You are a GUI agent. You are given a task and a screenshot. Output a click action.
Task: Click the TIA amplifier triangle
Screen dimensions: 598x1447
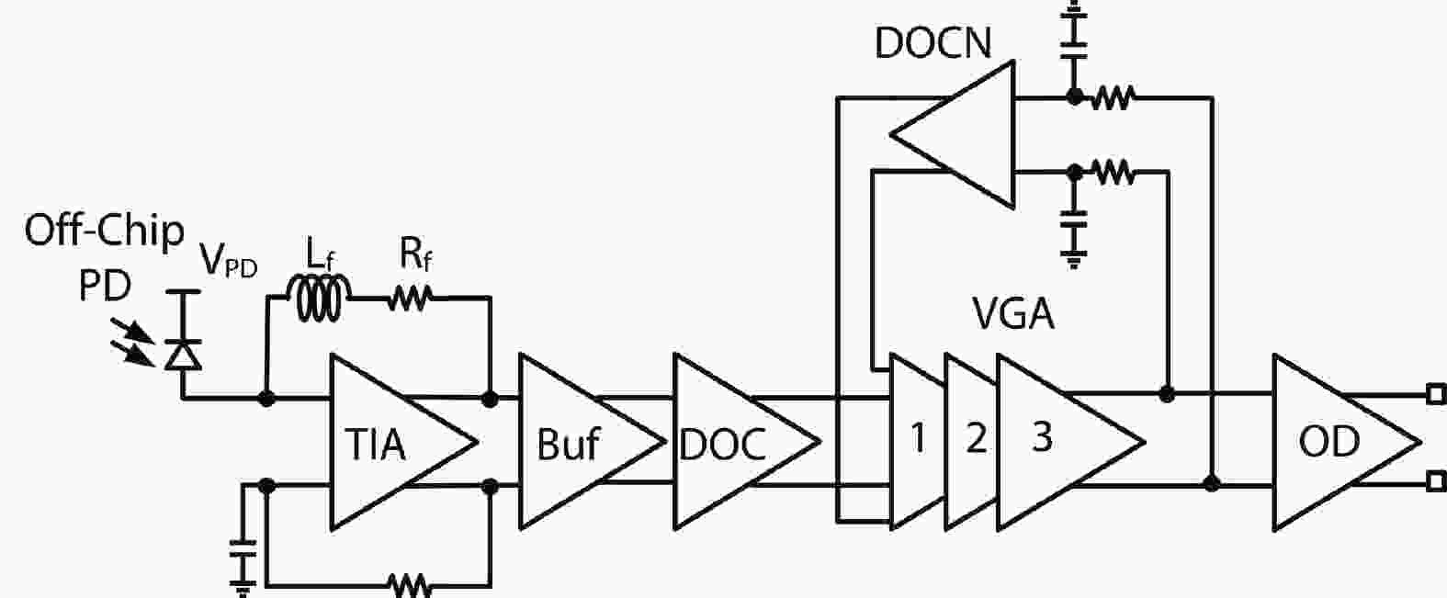coord(390,443)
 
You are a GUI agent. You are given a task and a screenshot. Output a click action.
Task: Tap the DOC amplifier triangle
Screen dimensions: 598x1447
coord(730,443)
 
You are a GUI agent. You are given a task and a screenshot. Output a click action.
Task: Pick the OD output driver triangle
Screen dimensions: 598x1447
coord(1332,443)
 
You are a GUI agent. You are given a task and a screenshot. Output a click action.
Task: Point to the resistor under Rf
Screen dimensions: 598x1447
coord(410,298)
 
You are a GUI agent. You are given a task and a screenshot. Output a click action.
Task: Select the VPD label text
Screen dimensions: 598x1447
coord(229,264)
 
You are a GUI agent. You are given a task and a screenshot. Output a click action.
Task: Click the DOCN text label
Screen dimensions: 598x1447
coord(933,42)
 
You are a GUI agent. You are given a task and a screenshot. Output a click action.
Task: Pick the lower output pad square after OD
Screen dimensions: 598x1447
coord(1436,481)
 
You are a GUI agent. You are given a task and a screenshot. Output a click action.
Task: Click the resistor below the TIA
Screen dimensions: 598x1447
coord(410,584)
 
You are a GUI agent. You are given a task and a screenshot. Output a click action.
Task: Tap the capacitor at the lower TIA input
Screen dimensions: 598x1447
coord(243,555)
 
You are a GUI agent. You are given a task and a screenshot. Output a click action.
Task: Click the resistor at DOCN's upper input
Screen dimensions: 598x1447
coord(1113,96)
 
